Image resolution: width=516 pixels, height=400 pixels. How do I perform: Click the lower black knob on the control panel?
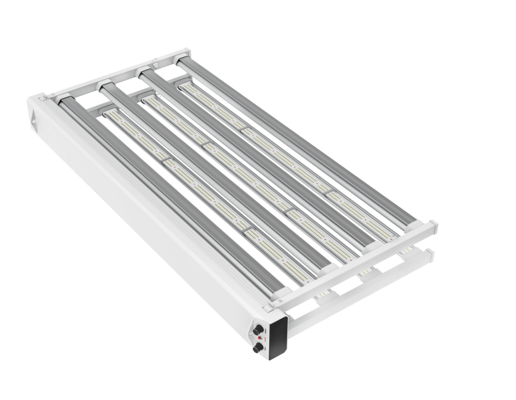coord(258,347)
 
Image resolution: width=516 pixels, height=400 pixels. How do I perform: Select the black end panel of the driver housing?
coord(278,338)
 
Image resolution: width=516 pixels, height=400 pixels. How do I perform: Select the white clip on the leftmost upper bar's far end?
coord(66,98)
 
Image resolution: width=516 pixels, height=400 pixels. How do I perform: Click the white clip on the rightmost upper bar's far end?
coord(181,60)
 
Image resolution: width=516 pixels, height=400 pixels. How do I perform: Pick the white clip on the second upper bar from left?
coord(105,85)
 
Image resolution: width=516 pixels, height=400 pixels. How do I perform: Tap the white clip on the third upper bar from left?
coord(144,72)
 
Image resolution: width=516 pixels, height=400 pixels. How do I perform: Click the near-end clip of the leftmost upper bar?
coord(280,293)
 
